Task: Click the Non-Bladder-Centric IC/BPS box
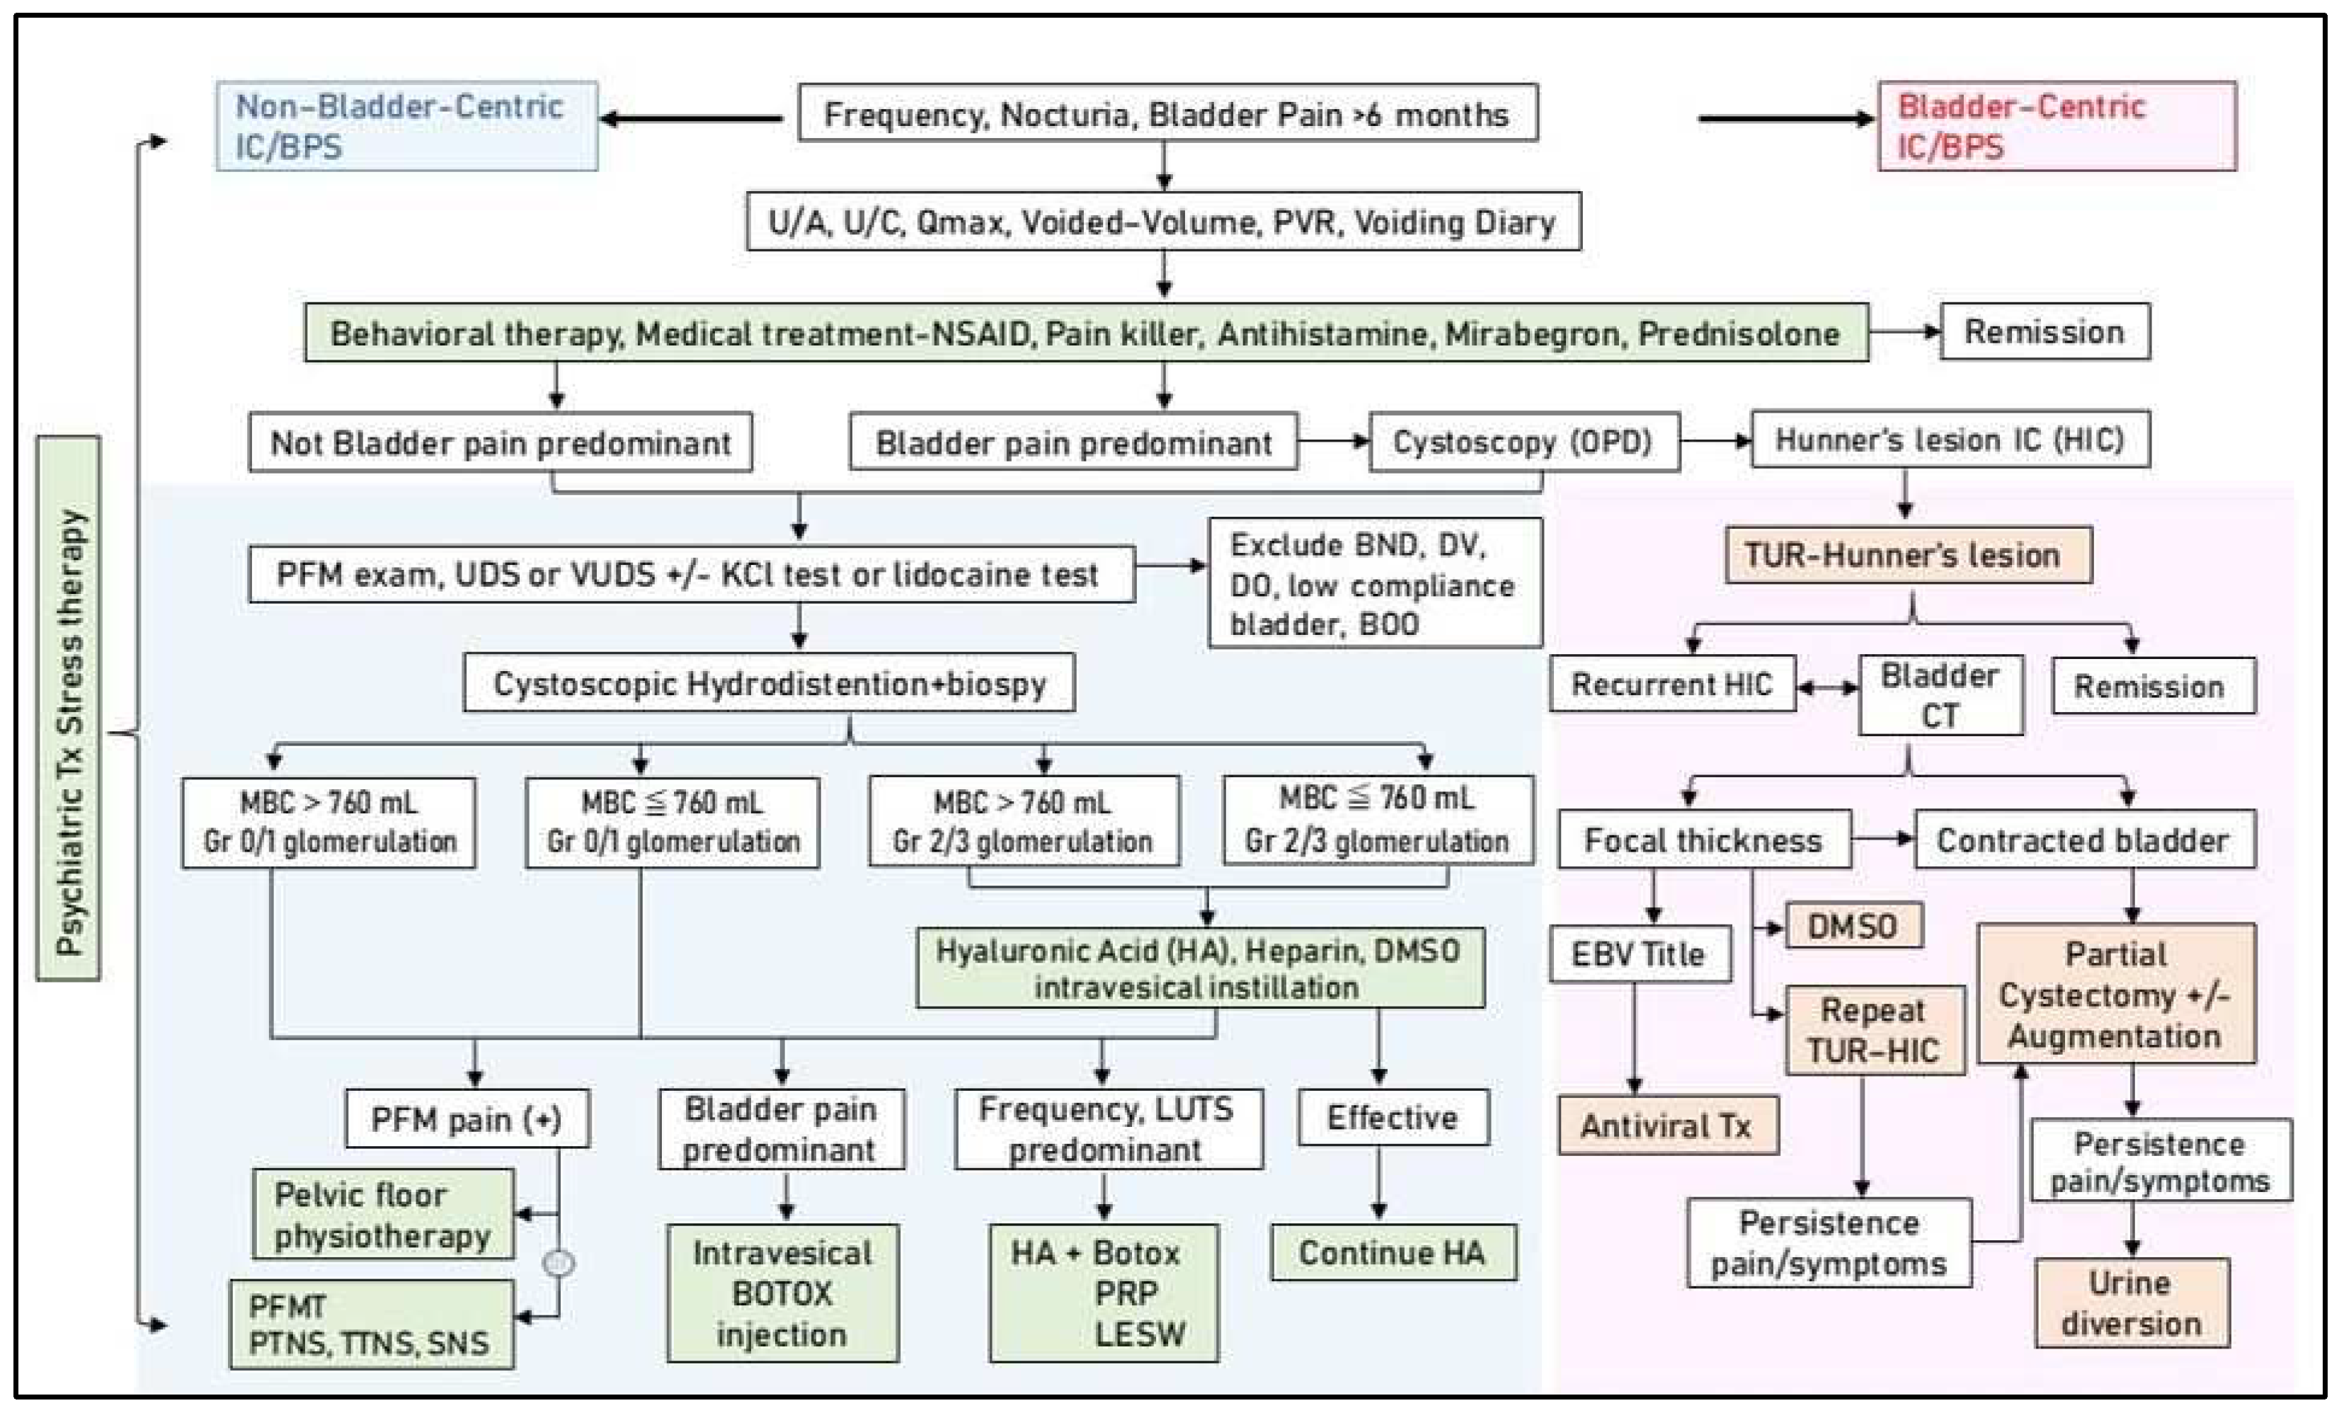[x=406, y=126]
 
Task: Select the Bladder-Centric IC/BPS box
[x=2057, y=126]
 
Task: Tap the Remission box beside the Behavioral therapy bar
[x=2045, y=332]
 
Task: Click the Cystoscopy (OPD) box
[x=1524, y=442]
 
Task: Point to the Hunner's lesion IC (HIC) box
[x=1950, y=440]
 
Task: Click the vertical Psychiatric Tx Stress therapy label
[x=69, y=709]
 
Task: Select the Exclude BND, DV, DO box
[x=1374, y=583]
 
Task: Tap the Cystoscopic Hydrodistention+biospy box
[x=769, y=683]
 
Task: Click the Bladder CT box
[x=1940, y=695]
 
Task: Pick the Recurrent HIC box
[x=1672, y=684]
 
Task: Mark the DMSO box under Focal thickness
[x=1853, y=926]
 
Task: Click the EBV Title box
[x=1639, y=954]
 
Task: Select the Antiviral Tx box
[x=1666, y=1126]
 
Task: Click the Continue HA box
[x=1392, y=1252]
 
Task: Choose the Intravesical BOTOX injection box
[x=782, y=1293]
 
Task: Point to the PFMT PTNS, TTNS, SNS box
[x=371, y=1324]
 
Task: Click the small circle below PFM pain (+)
[x=558, y=1263]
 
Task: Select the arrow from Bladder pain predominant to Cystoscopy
[x=1333, y=441]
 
